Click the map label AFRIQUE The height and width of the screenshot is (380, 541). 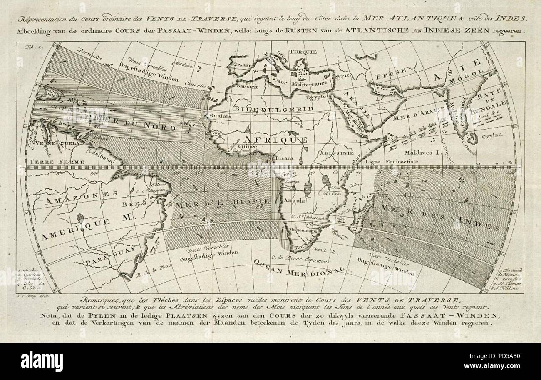(x=275, y=138)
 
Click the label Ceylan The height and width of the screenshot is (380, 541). (x=492, y=135)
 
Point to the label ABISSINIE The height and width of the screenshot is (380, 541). (x=334, y=152)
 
